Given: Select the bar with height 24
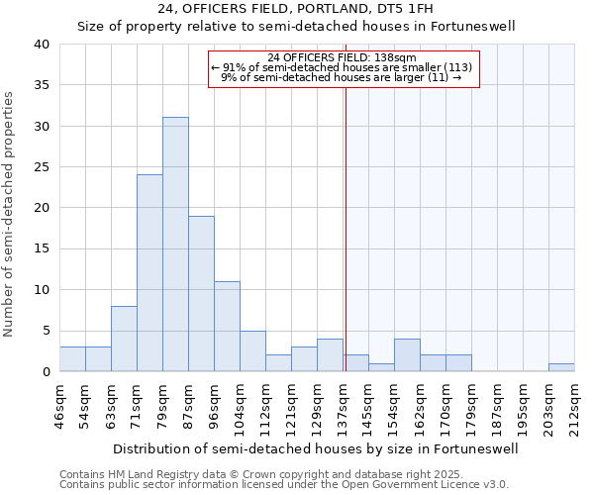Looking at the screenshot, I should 149,273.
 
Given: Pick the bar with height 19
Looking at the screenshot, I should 201,294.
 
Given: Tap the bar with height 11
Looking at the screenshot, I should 227,327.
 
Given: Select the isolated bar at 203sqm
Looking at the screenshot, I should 561,367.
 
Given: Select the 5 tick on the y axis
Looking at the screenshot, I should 45,331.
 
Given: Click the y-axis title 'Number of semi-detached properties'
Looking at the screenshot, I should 10,214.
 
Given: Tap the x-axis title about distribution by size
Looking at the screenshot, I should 316,448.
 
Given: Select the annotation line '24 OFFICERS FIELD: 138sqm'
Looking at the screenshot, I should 342,57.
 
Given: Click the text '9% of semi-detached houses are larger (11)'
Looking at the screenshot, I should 341,77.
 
